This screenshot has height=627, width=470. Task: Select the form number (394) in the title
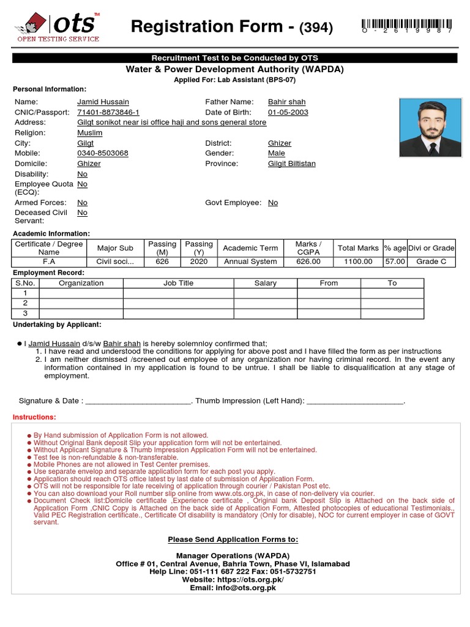(x=315, y=28)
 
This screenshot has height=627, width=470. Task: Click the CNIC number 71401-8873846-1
(x=108, y=113)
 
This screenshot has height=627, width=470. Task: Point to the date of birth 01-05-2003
(x=288, y=113)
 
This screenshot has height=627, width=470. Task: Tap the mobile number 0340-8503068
(x=103, y=153)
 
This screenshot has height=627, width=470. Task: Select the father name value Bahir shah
(x=286, y=102)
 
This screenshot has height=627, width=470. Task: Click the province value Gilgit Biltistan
(x=292, y=164)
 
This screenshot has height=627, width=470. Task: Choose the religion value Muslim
(x=90, y=133)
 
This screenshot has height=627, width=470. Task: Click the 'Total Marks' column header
(x=358, y=248)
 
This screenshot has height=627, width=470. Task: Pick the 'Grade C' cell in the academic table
(x=431, y=261)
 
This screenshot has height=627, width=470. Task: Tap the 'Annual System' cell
(x=250, y=261)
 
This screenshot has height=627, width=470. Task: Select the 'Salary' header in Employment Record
(x=265, y=283)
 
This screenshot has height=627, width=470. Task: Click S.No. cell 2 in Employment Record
(x=25, y=303)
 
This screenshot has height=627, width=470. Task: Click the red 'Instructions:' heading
(x=34, y=417)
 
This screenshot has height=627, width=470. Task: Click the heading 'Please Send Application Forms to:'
(x=233, y=539)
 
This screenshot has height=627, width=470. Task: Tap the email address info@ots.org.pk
(x=233, y=588)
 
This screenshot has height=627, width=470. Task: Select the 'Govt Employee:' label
(x=233, y=203)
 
